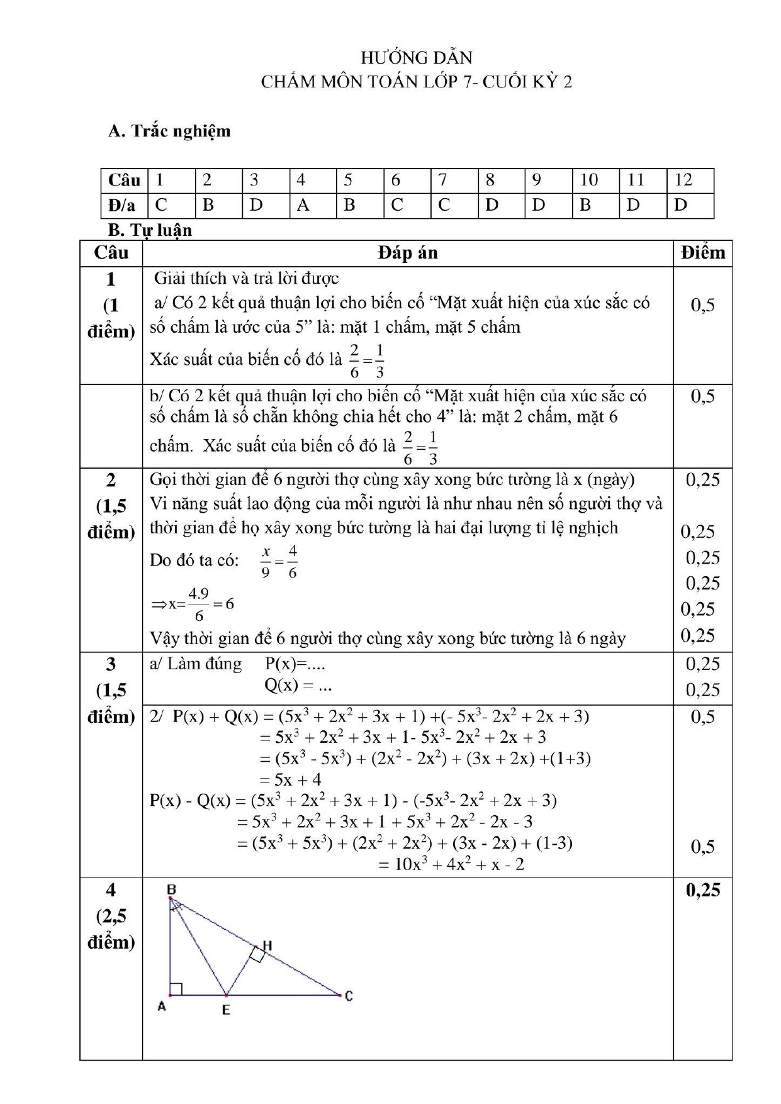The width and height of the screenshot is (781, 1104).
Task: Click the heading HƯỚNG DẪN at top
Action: coord(416,58)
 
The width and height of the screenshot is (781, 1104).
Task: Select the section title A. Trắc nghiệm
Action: coord(169,131)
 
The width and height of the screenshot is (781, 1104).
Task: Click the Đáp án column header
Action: coord(407,253)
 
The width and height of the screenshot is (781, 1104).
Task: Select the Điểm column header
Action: coord(702,253)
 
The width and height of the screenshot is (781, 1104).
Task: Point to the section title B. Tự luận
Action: coord(150,230)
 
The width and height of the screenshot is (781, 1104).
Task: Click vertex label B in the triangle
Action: coord(171,889)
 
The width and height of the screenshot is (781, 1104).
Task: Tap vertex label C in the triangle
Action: coord(349,996)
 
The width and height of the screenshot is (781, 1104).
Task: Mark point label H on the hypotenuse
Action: coord(267,945)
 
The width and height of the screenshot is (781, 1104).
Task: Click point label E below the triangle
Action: coord(226,1010)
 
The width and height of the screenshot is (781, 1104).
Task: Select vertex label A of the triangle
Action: coord(161,1006)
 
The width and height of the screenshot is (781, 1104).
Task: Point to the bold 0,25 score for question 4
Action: coord(702,890)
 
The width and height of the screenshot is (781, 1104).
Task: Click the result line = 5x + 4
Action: coord(291,779)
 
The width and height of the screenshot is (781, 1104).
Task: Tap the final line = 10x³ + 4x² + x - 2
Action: coord(451,864)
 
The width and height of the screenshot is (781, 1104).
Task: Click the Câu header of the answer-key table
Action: coord(124,181)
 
